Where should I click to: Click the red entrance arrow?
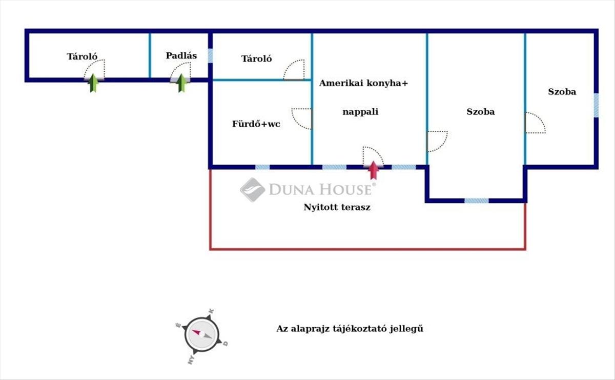click(374, 170)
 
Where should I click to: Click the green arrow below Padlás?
click(181, 83)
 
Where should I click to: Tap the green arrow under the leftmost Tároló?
click(94, 83)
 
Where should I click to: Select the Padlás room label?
click(181, 56)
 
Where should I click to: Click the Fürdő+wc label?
click(256, 124)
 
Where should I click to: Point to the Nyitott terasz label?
click(337, 207)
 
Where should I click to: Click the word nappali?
click(360, 112)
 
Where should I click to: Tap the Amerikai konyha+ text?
click(363, 83)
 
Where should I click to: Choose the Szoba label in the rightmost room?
click(562, 92)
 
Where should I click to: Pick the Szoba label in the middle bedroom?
click(481, 112)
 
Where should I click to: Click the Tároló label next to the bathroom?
click(256, 58)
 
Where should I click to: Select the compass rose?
click(202, 335)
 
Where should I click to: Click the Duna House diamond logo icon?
click(253, 190)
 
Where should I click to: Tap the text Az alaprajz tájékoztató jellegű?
click(350, 329)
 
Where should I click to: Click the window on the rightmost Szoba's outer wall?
click(596, 106)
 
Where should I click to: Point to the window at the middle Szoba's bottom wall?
click(476, 201)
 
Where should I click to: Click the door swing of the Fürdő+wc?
click(302, 118)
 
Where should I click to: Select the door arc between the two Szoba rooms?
click(535, 123)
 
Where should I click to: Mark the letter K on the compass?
click(211, 311)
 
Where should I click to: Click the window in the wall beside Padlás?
click(210, 56)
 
